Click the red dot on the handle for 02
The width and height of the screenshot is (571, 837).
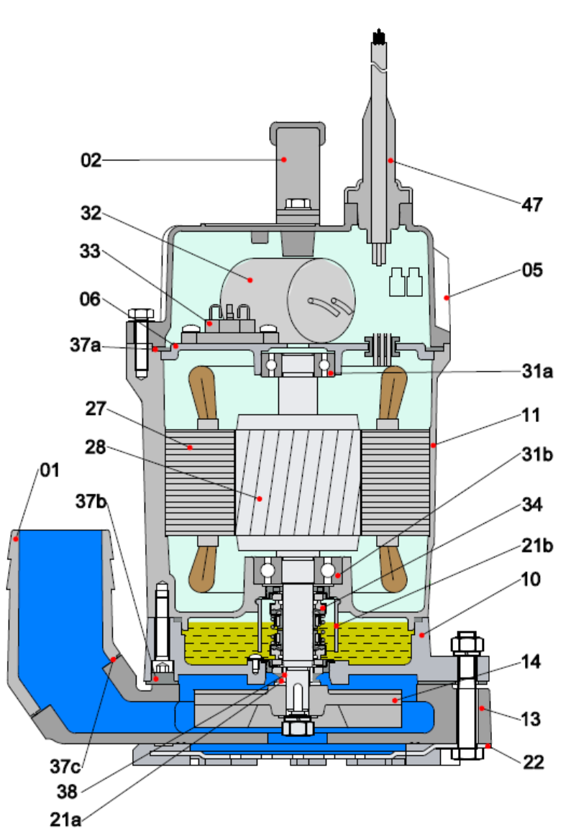284,158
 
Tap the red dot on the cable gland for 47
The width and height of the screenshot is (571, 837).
390,160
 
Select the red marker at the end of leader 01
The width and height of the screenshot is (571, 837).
15,536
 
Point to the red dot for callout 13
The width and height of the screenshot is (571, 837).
481,708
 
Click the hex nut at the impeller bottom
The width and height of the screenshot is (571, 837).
296,727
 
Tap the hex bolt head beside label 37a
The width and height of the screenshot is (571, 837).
140,314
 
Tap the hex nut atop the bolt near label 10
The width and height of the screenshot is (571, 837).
466,641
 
